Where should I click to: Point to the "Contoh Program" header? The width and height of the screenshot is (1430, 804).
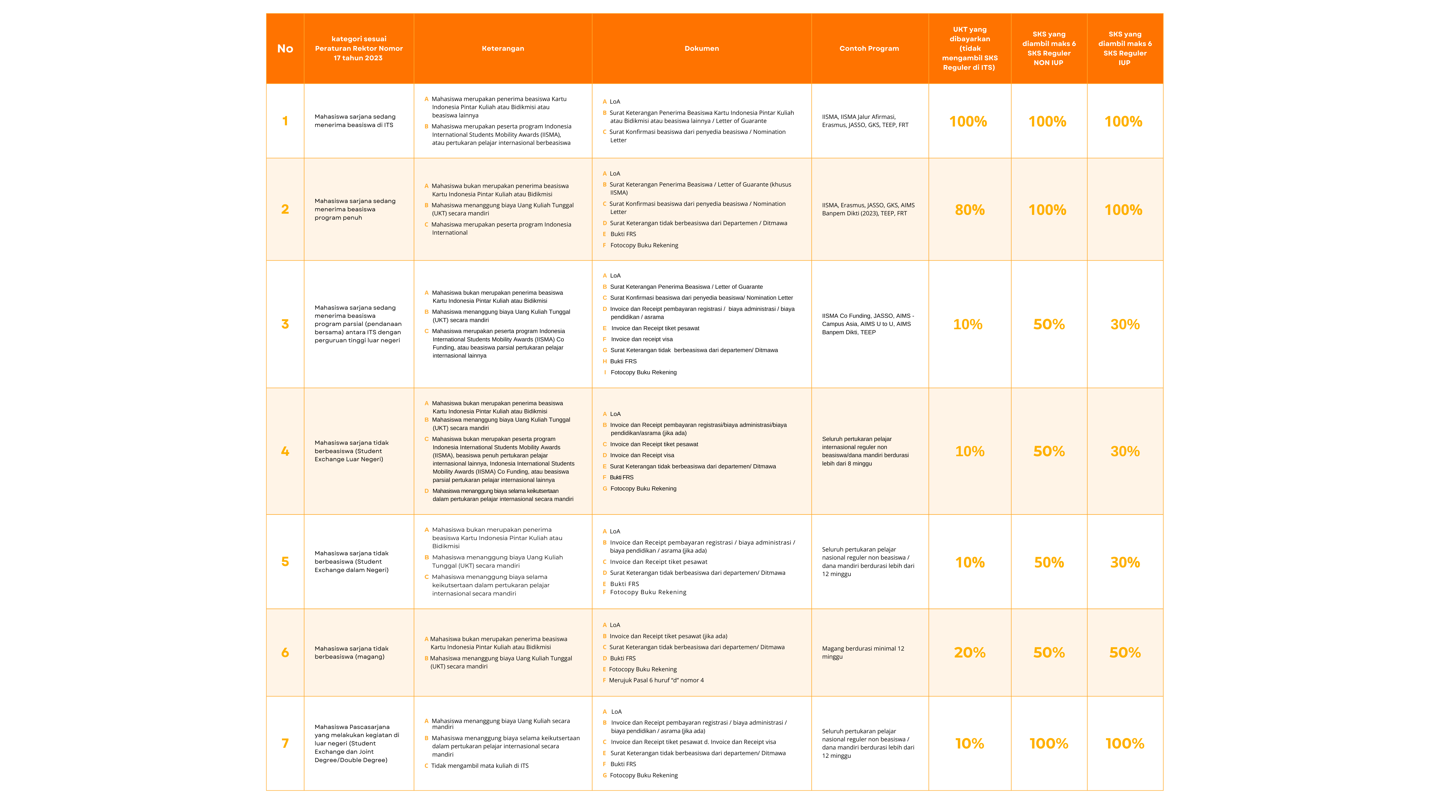(869, 48)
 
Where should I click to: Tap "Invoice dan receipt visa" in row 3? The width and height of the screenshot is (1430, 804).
(642, 339)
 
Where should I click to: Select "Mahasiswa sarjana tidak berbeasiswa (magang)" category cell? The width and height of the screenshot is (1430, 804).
(351, 652)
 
